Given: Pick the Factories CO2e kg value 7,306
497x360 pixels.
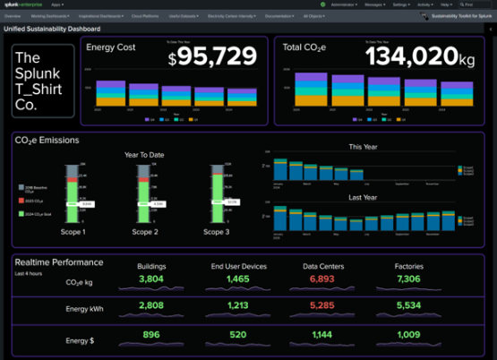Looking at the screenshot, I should (408, 279).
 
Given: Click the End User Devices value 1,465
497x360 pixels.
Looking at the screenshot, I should (237, 279).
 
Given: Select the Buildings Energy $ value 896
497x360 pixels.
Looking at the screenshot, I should (151, 335).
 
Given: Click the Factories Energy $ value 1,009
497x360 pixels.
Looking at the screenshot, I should (408, 335).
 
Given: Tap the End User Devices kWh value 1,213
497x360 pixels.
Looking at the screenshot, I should (237, 306).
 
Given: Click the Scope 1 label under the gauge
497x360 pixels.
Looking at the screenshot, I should (72, 232).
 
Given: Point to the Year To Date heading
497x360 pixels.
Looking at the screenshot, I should (143, 154).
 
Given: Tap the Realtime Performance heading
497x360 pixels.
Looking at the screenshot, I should (58, 262).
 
